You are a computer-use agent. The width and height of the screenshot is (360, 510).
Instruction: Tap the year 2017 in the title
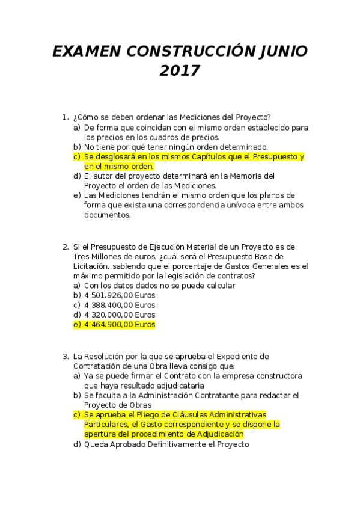[x=179, y=72]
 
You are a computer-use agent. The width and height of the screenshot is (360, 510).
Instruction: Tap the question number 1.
[x=65, y=117]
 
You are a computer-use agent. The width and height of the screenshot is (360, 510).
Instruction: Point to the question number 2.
[x=65, y=247]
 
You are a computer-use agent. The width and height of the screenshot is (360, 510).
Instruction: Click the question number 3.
[x=65, y=357]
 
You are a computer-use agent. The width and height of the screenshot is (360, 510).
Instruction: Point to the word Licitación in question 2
[x=90, y=266]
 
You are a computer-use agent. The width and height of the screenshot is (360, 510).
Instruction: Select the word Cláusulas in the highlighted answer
[x=204, y=415]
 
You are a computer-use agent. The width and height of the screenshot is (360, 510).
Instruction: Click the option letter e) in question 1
[x=76, y=195]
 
